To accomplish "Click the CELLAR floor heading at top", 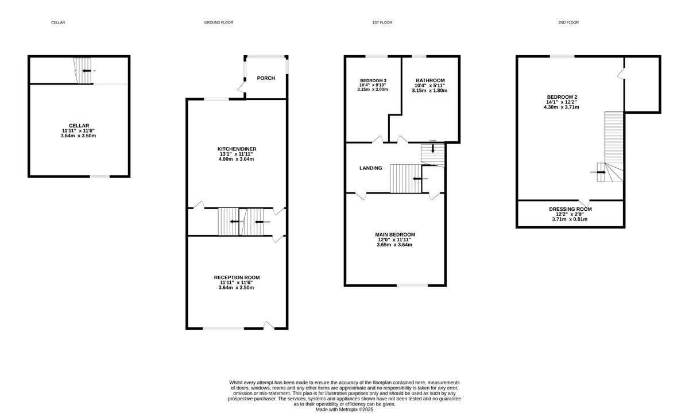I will point(58,22).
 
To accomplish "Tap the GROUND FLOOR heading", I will point(218,22).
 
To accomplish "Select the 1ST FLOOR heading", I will point(382,22).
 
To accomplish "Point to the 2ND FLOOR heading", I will point(568,22).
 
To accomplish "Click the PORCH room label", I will point(266,78).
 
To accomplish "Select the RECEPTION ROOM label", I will point(236,277).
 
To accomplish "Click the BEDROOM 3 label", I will point(373,80).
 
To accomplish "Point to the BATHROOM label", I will point(430,80).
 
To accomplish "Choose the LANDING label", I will point(370,168).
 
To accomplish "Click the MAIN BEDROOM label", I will point(394,234).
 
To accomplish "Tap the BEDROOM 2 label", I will point(563,97).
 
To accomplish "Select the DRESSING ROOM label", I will point(570,209).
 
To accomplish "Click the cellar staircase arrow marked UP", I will point(86,71).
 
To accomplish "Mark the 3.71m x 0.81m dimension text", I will point(570,219).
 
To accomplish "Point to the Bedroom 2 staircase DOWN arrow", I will point(601,172).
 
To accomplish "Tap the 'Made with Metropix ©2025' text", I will point(344,410).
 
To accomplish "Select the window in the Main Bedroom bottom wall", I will point(412,285).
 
